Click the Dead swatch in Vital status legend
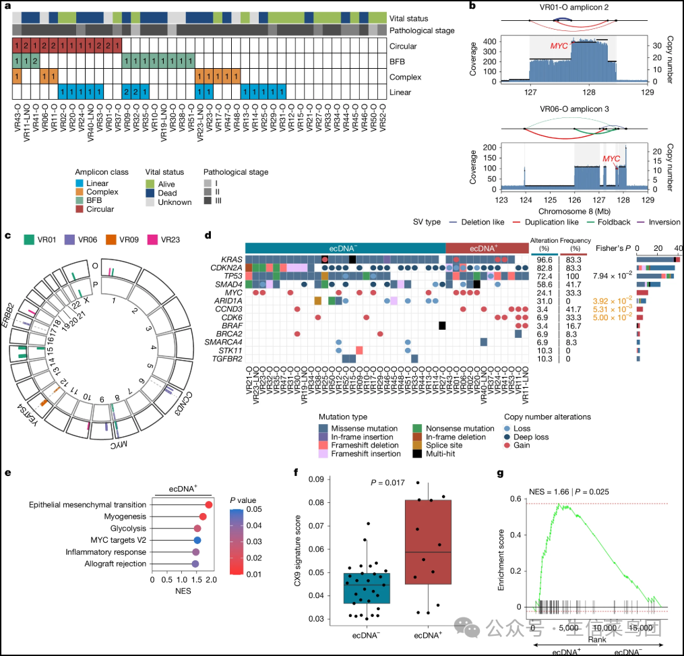pos(152,192)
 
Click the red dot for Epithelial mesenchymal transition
pos(209,505)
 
